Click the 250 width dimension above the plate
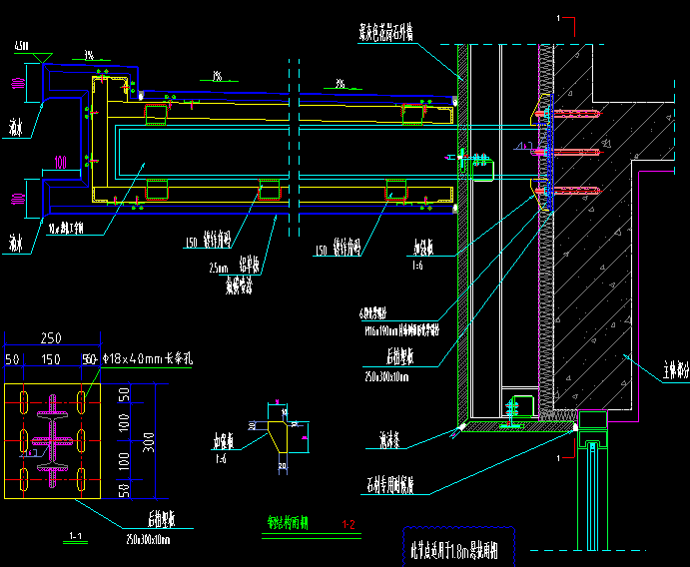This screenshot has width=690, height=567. point(51,338)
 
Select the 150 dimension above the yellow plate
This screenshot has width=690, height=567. point(51,359)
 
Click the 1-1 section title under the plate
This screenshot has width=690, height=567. point(72,537)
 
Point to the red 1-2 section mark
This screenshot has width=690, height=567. point(348,524)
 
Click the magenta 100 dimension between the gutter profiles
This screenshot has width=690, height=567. point(61,161)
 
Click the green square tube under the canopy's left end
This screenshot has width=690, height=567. point(156,115)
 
